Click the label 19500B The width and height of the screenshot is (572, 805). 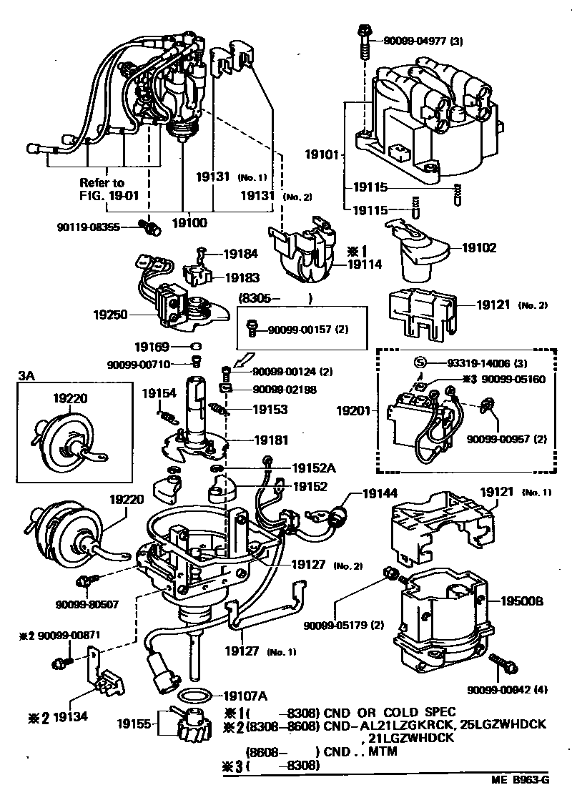point(521,601)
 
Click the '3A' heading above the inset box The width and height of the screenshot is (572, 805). point(26,374)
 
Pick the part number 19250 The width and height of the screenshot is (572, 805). point(110,313)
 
